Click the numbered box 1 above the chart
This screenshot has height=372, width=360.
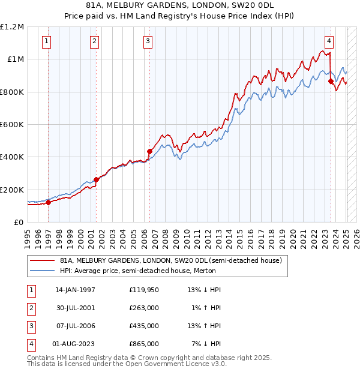(47, 41)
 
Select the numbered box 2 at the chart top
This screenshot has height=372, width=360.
(95, 41)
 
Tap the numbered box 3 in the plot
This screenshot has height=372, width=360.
(148, 41)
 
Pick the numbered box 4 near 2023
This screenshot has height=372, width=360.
(329, 41)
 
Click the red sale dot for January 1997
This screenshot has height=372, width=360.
(49, 202)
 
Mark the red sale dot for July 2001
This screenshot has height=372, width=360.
(96, 179)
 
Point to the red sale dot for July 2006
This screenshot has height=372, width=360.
(149, 151)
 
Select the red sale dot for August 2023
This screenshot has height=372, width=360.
(331, 81)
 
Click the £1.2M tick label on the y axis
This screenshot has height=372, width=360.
(12, 27)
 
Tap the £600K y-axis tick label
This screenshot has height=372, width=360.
(12, 125)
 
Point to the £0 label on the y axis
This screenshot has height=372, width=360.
(18, 222)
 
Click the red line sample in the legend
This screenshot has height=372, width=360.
(43, 260)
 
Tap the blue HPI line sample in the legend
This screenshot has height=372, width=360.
(43, 271)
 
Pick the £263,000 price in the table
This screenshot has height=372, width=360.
(143, 308)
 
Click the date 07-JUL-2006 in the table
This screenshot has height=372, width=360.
(75, 326)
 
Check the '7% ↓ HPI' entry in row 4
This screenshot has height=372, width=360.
(206, 344)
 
